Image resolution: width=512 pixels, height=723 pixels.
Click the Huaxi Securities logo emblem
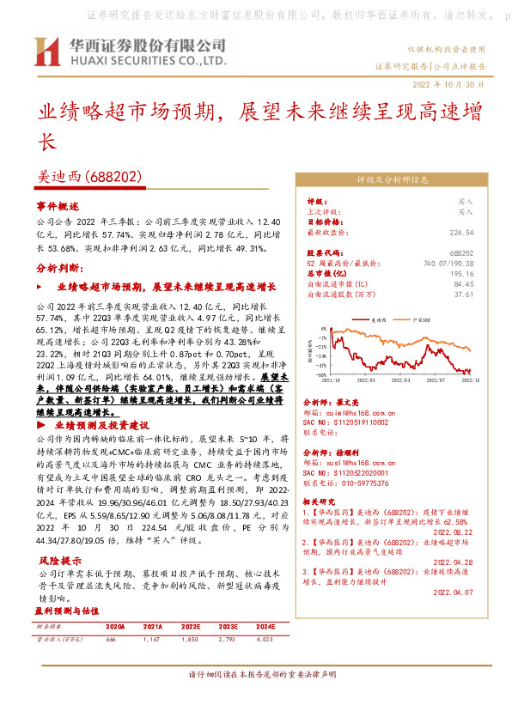[46, 52]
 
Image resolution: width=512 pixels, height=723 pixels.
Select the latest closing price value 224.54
[461, 232]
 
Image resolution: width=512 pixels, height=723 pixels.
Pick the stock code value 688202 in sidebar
[462, 253]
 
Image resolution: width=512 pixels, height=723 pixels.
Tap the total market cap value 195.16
[462, 273]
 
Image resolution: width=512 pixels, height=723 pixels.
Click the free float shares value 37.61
[464, 294]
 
